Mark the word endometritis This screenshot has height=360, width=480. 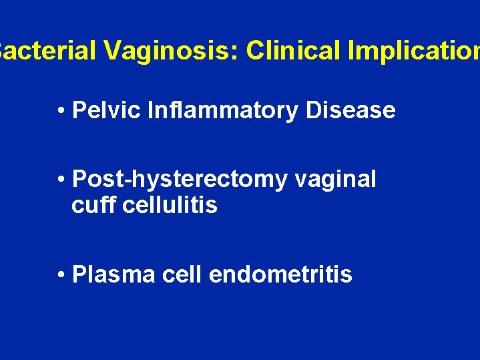point(280,274)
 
